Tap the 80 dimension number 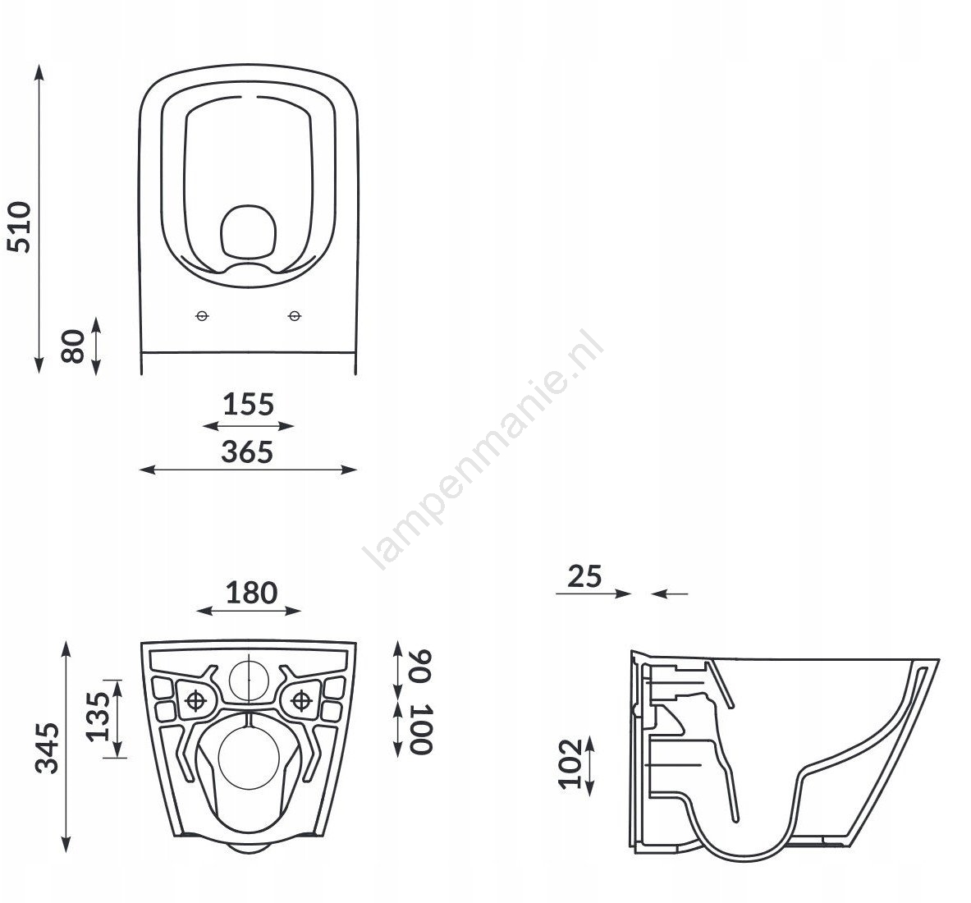tap(74, 346)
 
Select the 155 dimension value tap(249, 405)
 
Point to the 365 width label tap(247, 452)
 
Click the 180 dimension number tap(251, 593)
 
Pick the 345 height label tap(47, 748)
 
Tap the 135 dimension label tap(98, 717)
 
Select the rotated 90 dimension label tap(420, 666)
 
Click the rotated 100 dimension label tap(420, 728)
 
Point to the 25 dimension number tap(584, 576)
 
